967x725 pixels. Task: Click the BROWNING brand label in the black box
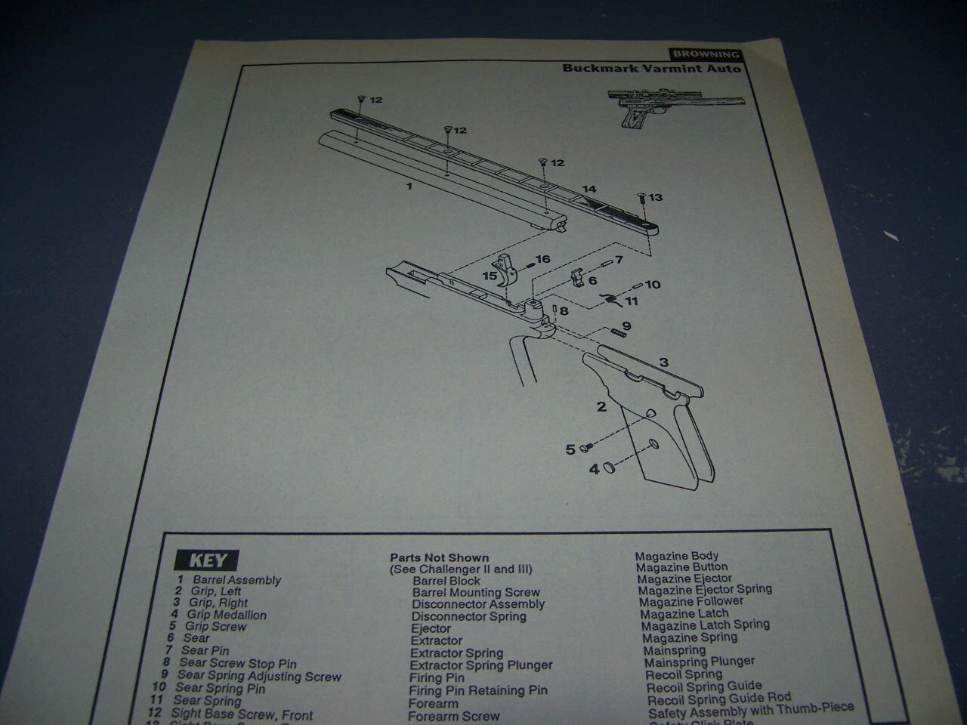(704, 54)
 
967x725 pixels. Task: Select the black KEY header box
(206, 560)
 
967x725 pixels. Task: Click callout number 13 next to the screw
(655, 198)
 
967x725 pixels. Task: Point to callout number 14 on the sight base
(589, 189)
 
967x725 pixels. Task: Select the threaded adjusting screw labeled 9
(618, 333)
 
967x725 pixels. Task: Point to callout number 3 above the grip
(663, 362)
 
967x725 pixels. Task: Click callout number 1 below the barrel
(409, 185)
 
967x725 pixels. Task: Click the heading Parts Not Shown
(439, 558)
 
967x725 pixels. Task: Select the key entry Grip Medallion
(227, 615)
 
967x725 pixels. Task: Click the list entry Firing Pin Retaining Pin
(478, 690)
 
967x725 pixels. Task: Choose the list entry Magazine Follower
(691, 601)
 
